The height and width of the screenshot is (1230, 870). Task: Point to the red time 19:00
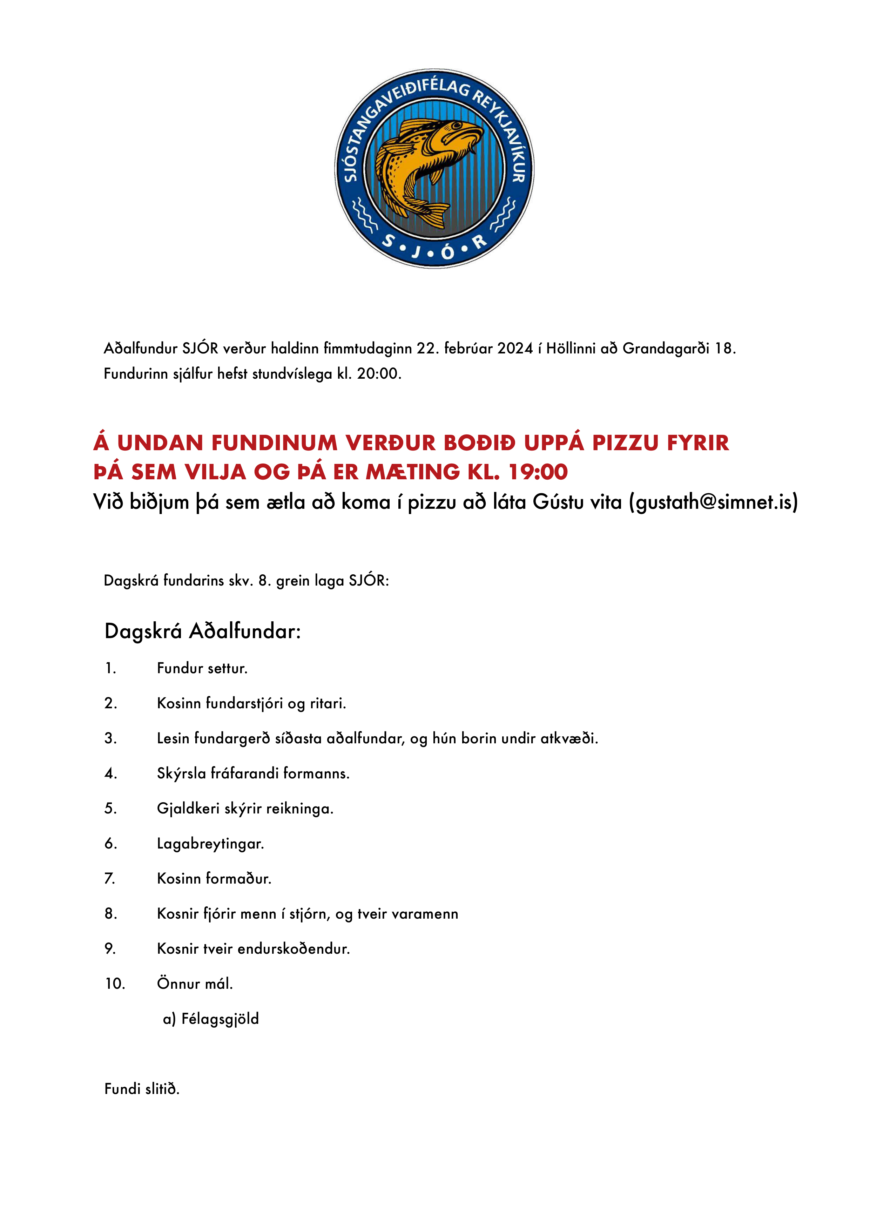[538, 472]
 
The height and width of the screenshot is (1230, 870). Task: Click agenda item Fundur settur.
[202, 669]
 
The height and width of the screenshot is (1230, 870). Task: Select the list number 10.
[115, 984]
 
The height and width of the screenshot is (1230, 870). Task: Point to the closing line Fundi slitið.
[142, 1089]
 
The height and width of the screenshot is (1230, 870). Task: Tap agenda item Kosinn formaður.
[214, 879]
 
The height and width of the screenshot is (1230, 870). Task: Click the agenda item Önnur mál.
[195, 984]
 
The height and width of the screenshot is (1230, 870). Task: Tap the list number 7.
[110, 879]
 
